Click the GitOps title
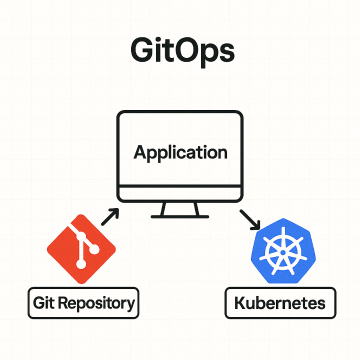point(180,49)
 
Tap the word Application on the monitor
point(180,154)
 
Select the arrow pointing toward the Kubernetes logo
point(246,216)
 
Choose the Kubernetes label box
point(279,301)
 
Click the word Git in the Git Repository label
point(44,301)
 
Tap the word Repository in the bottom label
point(97,302)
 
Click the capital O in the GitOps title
point(190,49)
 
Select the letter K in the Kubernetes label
point(241,301)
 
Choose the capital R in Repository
point(66,301)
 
